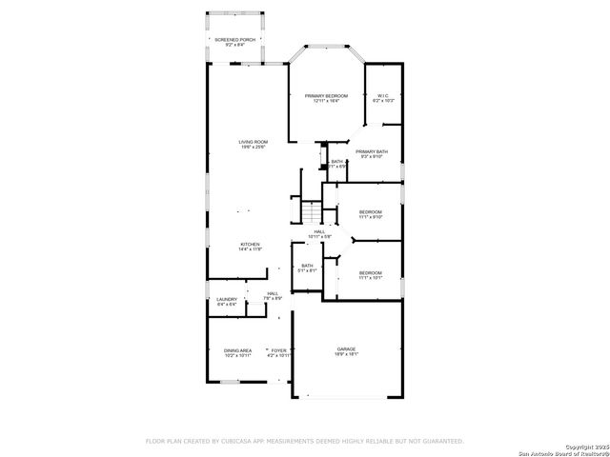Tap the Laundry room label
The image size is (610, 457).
pos(226,302)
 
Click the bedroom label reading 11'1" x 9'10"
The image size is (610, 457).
pos(370,213)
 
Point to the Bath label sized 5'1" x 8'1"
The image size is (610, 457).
pos(307,268)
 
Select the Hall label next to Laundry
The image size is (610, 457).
pos(274,296)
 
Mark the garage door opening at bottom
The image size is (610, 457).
pos(346,397)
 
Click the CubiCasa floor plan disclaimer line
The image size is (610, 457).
pos(304,441)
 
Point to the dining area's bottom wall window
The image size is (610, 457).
pos(229,382)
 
